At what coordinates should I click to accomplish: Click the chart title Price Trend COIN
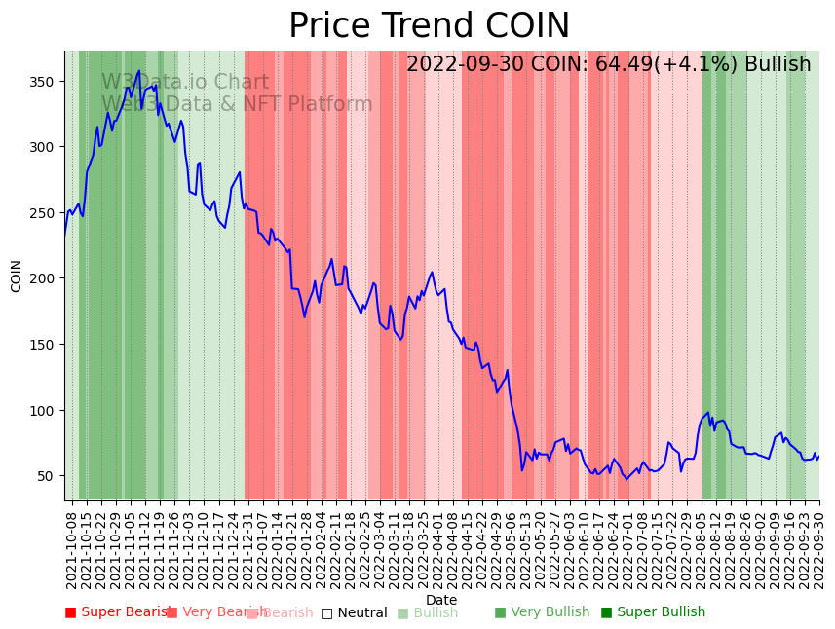[x=429, y=26]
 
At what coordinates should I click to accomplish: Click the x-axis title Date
[x=441, y=600]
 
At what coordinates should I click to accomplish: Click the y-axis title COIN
[x=17, y=276]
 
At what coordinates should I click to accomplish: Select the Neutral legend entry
[x=361, y=613]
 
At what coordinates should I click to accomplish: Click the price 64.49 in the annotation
[x=623, y=65]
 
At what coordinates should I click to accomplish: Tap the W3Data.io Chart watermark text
[x=185, y=83]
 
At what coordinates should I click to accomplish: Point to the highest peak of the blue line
[x=139, y=71]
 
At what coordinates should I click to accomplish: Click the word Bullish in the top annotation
[x=778, y=65]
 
